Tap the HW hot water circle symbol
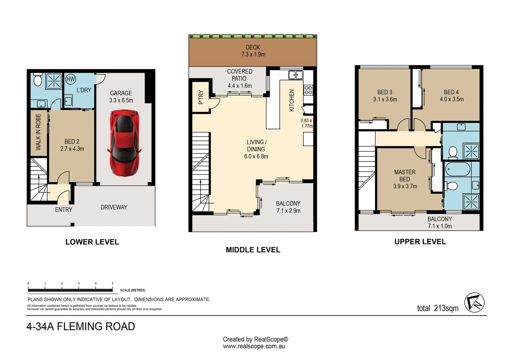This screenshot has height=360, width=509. pyautogui.click(x=70, y=79)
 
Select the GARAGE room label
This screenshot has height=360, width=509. pyautogui.click(x=121, y=93)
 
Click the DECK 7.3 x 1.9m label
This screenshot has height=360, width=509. pyautogui.click(x=253, y=51)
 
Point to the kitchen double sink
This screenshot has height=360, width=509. pyautogui.click(x=295, y=75)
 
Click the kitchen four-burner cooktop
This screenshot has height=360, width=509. pyautogui.click(x=308, y=90)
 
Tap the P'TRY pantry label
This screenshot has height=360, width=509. pyautogui.click(x=201, y=97)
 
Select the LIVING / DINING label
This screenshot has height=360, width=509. pyautogui.click(x=256, y=146)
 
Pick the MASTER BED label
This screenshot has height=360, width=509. pyautogui.click(x=405, y=176)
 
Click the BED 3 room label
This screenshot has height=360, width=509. pyautogui.click(x=385, y=92)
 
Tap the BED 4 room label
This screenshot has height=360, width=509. pyautogui.click(x=451, y=92)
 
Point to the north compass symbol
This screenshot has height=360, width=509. pyautogui.click(x=474, y=302)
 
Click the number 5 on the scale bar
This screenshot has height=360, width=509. pyautogui.click(x=113, y=283)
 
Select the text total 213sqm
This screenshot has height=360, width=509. pyautogui.click(x=438, y=308)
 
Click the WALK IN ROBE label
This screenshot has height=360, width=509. pyautogui.click(x=38, y=132)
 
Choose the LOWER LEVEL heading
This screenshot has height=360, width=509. pyautogui.click(x=92, y=242)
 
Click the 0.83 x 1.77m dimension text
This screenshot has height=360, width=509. pyautogui.click(x=306, y=123)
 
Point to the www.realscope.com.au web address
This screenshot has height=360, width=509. pyautogui.click(x=254, y=346)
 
